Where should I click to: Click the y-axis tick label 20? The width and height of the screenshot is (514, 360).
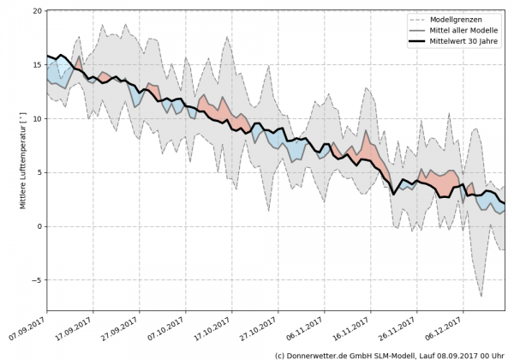38,11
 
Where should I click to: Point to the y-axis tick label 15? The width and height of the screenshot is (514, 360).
38,65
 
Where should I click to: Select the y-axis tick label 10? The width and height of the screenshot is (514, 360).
38,119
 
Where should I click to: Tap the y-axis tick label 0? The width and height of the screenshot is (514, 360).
40,226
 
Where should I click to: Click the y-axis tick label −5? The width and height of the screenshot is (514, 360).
38,280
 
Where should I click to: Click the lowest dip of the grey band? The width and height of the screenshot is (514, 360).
481,296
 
